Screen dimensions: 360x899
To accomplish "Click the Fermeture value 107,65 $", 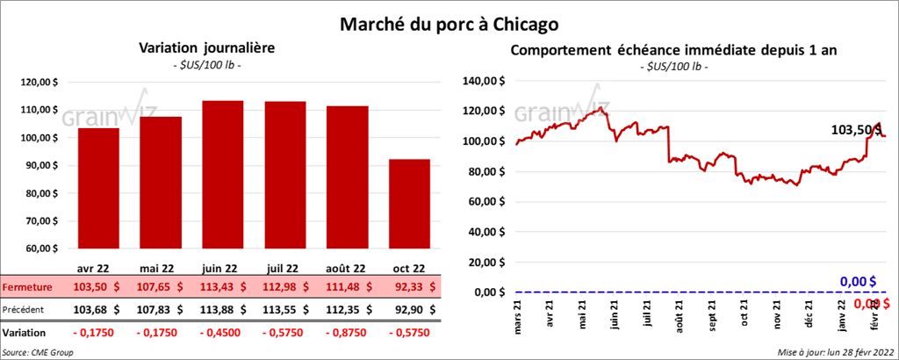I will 160,287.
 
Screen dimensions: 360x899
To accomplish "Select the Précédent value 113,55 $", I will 286,308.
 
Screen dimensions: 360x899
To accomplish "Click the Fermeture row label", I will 27,287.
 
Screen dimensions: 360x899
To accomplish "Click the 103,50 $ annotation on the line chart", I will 855,130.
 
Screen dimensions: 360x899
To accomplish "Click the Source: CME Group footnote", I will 38,352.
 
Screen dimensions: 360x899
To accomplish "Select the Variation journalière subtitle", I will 202,48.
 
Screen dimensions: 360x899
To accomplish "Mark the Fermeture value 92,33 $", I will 413,287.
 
